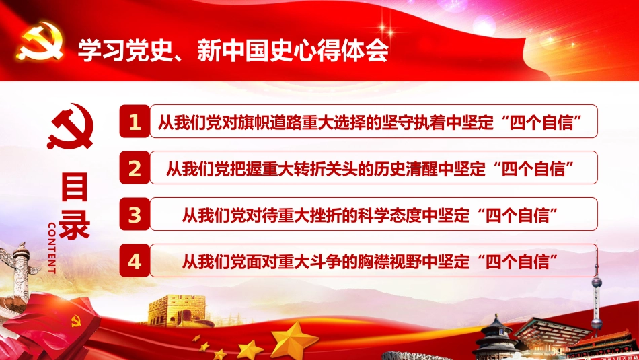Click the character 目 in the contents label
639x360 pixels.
pos(75,188)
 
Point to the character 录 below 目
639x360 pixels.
pos(75,226)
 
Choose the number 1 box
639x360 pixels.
pos(135,122)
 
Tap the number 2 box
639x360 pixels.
pos(135,168)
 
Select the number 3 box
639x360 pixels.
pos(135,215)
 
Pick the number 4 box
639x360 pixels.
pos(135,261)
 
